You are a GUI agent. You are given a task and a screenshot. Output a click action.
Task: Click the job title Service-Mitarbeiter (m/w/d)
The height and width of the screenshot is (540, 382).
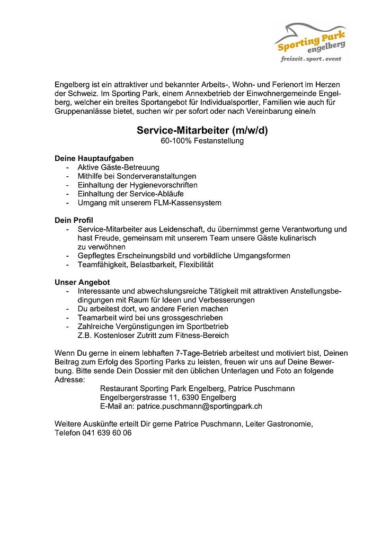click(202, 130)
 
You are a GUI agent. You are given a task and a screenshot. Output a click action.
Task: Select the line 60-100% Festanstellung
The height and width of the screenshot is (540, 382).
click(202, 141)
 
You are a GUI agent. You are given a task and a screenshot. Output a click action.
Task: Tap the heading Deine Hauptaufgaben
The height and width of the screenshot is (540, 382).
click(94, 158)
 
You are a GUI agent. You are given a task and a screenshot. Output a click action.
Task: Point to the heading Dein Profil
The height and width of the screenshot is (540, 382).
click(74, 219)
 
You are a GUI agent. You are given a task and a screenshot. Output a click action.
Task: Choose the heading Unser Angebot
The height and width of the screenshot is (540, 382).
click(82, 282)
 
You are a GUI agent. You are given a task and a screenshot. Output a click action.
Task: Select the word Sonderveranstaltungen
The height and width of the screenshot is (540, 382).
click(157, 176)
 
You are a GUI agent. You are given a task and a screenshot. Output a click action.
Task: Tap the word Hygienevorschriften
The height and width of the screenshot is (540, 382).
click(160, 185)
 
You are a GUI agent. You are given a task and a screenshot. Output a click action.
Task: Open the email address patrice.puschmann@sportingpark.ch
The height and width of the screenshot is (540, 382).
click(199, 406)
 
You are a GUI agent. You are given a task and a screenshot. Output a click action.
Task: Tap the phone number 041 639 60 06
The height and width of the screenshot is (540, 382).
click(106, 433)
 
